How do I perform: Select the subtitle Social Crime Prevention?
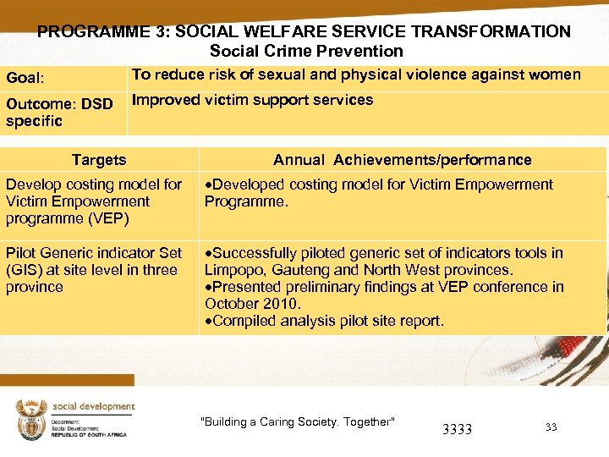[306, 52]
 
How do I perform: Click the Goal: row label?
[26, 79]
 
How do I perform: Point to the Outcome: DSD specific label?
[58, 113]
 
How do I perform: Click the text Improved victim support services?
[252, 100]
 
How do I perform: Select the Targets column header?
[99, 160]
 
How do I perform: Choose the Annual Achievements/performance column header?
[402, 160]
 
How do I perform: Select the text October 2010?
[252, 304]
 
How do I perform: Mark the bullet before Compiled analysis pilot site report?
[208, 321]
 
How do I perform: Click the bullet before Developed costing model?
[208, 184]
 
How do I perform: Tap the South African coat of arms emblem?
[31, 419]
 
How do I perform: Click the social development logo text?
[93, 406]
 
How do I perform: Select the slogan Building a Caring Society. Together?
[297, 422]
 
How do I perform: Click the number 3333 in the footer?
[457, 429]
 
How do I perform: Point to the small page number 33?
[551, 427]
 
